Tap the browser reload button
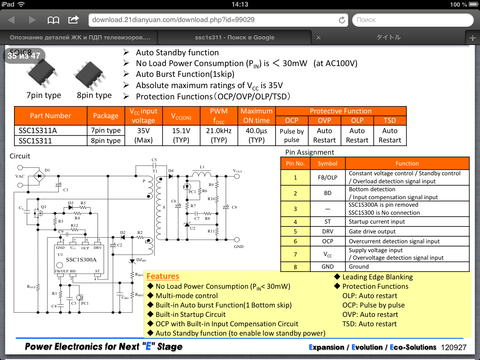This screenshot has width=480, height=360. click(342, 20)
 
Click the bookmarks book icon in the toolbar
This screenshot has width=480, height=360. click(53, 20)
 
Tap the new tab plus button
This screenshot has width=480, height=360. click(472, 37)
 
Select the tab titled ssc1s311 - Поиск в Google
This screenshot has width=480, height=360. click(234, 37)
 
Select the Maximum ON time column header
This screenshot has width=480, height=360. click(256, 116)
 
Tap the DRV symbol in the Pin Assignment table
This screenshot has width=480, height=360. click(327, 232)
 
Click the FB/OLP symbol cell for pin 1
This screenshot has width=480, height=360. click(327, 178)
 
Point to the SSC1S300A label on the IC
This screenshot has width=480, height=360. click(81, 259)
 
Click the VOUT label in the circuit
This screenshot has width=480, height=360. click(237, 171)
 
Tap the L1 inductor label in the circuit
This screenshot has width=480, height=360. click(202, 167)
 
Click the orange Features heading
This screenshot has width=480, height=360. click(163, 277)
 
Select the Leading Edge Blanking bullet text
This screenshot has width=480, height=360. click(377, 277)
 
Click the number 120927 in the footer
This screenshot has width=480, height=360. click(453, 347)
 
